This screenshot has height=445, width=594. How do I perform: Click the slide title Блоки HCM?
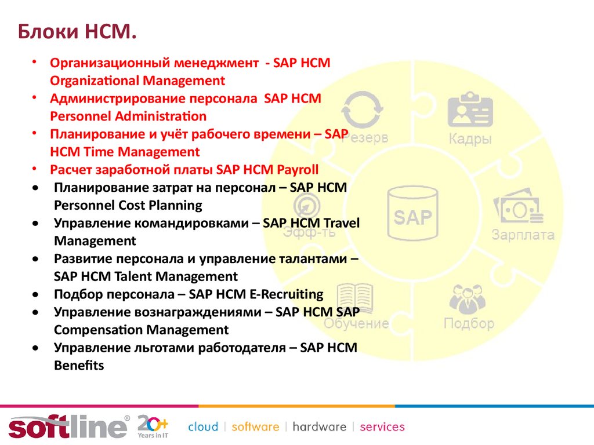[x=77, y=31]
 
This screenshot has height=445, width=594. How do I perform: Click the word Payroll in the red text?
[x=298, y=170]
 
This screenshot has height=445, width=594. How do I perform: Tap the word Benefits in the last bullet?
[x=79, y=365]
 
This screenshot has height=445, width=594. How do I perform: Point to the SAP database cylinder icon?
[x=412, y=214]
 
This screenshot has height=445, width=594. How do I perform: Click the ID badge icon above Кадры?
[x=470, y=109]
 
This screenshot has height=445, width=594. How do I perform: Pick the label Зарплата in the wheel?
[x=523, y=235]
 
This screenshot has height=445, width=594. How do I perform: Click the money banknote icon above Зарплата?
[x=518, y=206]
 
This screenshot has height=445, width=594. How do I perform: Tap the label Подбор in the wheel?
[x=469, y=323]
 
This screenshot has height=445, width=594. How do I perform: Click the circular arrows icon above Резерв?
[x=362, y=110]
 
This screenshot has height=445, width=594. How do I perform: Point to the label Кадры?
[x=470, y=139]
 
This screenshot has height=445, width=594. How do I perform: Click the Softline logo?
[x=69, y=426]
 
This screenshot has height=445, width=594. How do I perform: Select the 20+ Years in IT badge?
[x=153, y=426]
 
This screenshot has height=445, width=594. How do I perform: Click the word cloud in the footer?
[x=203, y=427]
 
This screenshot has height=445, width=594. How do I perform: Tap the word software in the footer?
[x=255, y=427]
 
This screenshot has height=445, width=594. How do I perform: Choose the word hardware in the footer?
[x=320, y=427]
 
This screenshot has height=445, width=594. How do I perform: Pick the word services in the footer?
[x=382, y=427]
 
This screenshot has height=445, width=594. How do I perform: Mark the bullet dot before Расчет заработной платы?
[x=34, y=169]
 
